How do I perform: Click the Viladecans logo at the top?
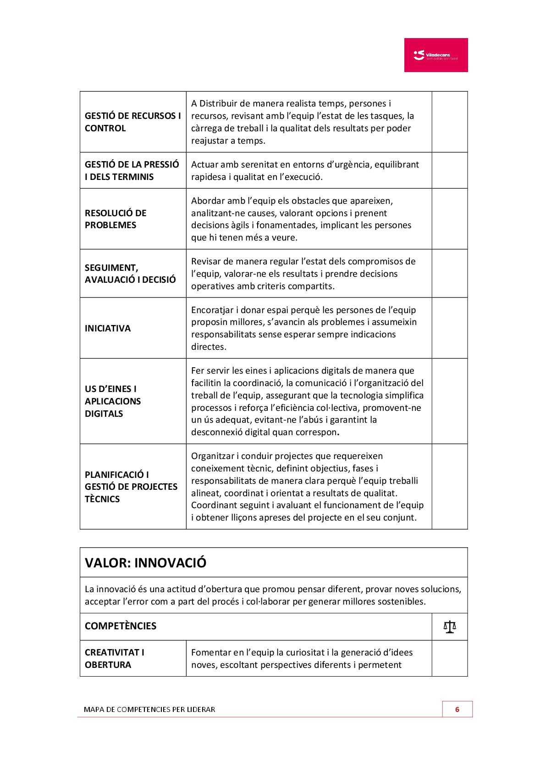(436, 55)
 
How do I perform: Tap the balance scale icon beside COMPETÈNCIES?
(450, 627)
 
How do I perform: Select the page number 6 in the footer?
(457, 709)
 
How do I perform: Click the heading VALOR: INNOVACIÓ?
(146, 563)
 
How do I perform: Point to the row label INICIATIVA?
(108, 328)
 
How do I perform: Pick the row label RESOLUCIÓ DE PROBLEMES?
(116, 219)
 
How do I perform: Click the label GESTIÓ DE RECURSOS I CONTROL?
(132, 122)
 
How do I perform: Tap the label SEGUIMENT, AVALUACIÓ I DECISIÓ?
(130, 274)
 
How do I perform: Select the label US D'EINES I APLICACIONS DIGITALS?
(113, 401)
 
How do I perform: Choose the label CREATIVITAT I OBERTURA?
(115, 658)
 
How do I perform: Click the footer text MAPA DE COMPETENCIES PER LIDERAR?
(149, 709)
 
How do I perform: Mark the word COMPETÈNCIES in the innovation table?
(121, 626)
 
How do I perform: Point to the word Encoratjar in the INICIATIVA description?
(212, 310)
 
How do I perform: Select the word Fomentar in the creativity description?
(211, 652)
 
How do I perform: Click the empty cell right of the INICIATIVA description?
(449, 328)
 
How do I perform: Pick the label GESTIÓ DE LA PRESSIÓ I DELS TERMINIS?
(132, 170)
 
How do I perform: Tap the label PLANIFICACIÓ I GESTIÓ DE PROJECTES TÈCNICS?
(131, 487)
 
